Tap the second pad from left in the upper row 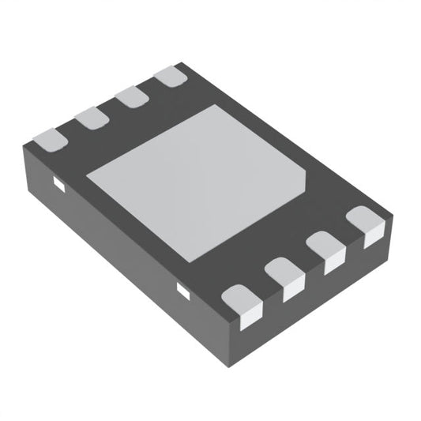pyautogui.click(x=92, y=118)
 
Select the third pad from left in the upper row pyautogui.click(x=131, y=96)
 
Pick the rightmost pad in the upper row pyautogui.click(x=170, y=76)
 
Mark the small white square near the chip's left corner pyautogui.click(x=58, y=185)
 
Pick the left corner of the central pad pyautogui.click(x=86, y=177)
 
